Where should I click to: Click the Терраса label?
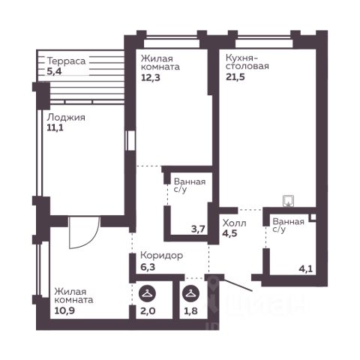(66, 61)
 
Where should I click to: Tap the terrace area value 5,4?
(54, 71)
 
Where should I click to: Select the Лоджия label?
(66, 117)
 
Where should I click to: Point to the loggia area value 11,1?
(55, 127)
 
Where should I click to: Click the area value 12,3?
(151, 78)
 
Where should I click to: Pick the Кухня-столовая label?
(247, 62)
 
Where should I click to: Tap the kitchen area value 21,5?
(235, 77)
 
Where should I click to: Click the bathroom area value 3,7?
(198, 229)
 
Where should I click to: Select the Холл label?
(234, 223)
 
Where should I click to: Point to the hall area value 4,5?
(229, 233)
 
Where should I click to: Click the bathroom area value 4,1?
(306, 269)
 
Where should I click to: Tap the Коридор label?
(162, 256)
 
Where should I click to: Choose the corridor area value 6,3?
(148, 267)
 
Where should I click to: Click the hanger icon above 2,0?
(147, 294)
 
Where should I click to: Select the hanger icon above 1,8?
(190, 294)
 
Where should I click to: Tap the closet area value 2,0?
(148, 311)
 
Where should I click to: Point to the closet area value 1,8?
(190, 311)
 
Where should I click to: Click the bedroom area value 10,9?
(64, 310)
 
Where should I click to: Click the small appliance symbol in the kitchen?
(288, 201)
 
